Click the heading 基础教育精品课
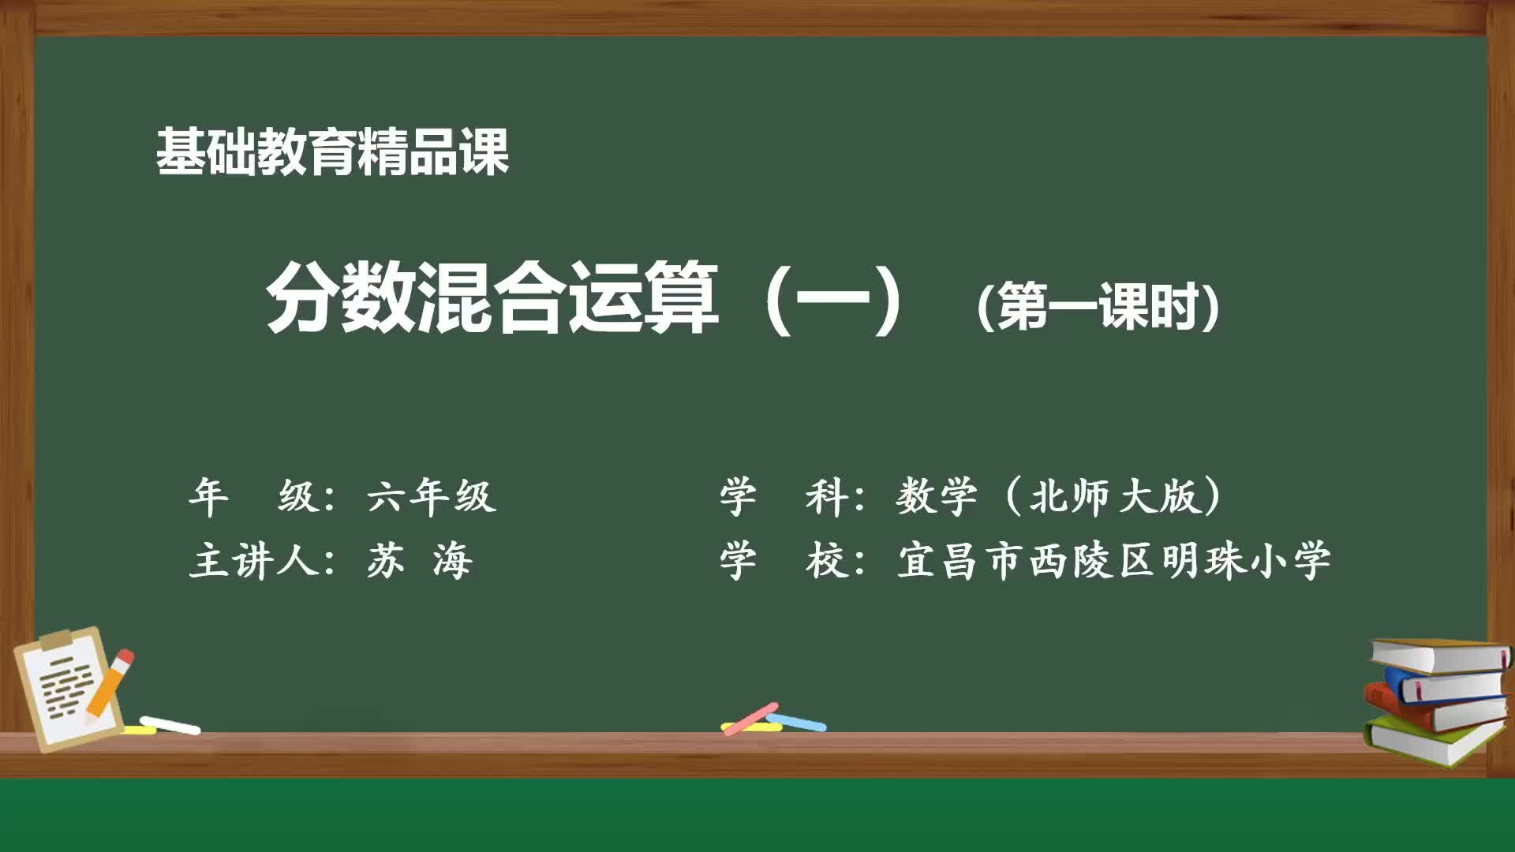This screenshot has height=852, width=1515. pyautogui.click(x=332, y=151)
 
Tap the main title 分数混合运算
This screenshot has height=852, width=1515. pyautogui.click(x=492, y=298)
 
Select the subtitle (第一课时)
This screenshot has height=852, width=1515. pyautogui.click(x=1098, y=306)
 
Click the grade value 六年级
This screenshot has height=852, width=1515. pyautogui.click(x=431, y=497)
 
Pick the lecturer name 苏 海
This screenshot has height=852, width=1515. pyautogui.click(x=419, y=562)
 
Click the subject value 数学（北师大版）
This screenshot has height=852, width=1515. pyautogui.click(x=1059, y=497)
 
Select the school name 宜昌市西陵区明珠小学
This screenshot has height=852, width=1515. pyautogui.click(x=1113, y=562)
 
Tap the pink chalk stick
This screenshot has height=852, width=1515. pyautogui.click(x=750, y=718)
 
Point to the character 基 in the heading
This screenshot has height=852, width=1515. pyautogui.click(x=181, y=151)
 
